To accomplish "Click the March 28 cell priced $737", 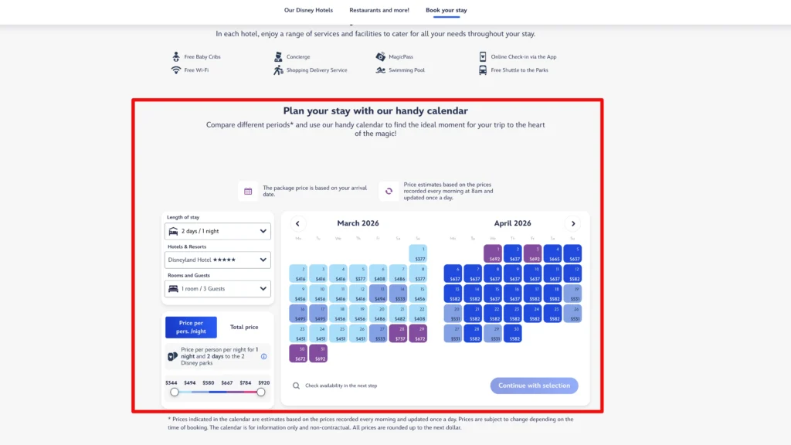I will pyautogui.click(x=399, y=334).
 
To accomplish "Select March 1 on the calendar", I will pyautogui.click(x=418, y=253).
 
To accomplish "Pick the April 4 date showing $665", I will pyautogui.click(x=552, y=253).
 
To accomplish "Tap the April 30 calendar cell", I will pyautogui.click(x=512, y=334).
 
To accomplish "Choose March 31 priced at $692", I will pyautogui.click(x=318, y=354).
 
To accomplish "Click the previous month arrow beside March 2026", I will pyautogui.click(x=297, y=223).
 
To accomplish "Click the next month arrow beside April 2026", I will pyautogui.click(x=572, y=223).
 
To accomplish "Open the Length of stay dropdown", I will pyautogui.click(x=218, y=231).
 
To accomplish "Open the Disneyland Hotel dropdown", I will pyautogui.click(x=218, y=260).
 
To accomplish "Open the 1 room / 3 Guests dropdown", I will pyautogui.click(x=218, y=289).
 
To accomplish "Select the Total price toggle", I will pyautogui.click(x=244, y=328).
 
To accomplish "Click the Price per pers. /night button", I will pyautogui.click(x=192, y=328).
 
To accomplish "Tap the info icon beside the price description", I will pyautogui.click(x=263, y=356).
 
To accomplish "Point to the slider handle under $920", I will pyautogui.click(x=261, y=392).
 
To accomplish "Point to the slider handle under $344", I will pyautogui.click(x=175, y=392).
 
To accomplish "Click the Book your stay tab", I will pyautogui.click(x=446, y=10).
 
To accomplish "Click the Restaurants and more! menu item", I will pyautogui.click(x=379, y=10).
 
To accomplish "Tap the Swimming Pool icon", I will pyautogui.click(x=381, y=70).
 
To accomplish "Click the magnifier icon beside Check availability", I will pyautogui.click(x=296, y=386).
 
